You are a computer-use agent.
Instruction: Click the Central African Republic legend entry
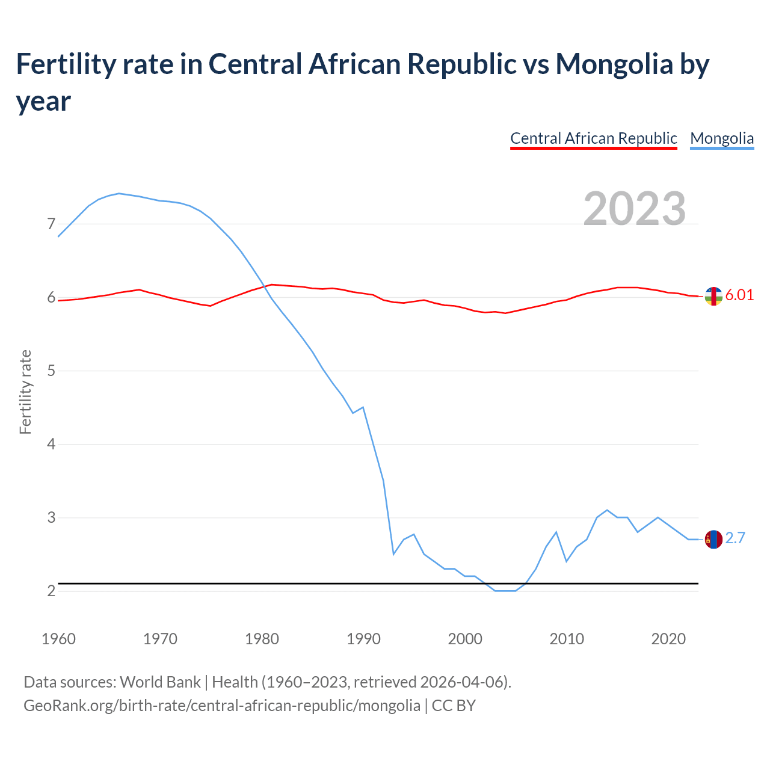[x=593, y=138]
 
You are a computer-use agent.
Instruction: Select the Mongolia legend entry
[x=721, y=138]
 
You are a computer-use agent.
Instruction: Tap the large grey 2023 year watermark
[x=635, y=208]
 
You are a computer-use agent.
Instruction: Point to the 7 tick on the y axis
[x=51, y=224]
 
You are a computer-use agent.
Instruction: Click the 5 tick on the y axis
[x=51, y=371]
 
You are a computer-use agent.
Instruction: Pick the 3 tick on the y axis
[x=51, y=517]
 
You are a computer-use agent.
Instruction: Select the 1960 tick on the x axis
[x=58, y=638]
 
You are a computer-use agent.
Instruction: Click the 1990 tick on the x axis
[x=363, y=638]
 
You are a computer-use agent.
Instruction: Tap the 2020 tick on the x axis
[x=668, y=638]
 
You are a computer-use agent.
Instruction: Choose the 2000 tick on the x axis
[x=465, y=638]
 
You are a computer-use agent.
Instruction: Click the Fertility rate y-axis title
[x=25, y=392]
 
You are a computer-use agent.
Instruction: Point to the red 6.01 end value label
[x=739, y=295]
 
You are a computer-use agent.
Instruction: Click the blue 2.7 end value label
[x=735, y=538]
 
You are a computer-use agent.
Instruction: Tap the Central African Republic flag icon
[x=713, y=296]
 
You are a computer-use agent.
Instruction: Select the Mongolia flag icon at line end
[x=713, y=540]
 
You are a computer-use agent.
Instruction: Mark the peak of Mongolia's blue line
[x=119, y=193]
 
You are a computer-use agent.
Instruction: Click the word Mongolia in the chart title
[x=614, y=64]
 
